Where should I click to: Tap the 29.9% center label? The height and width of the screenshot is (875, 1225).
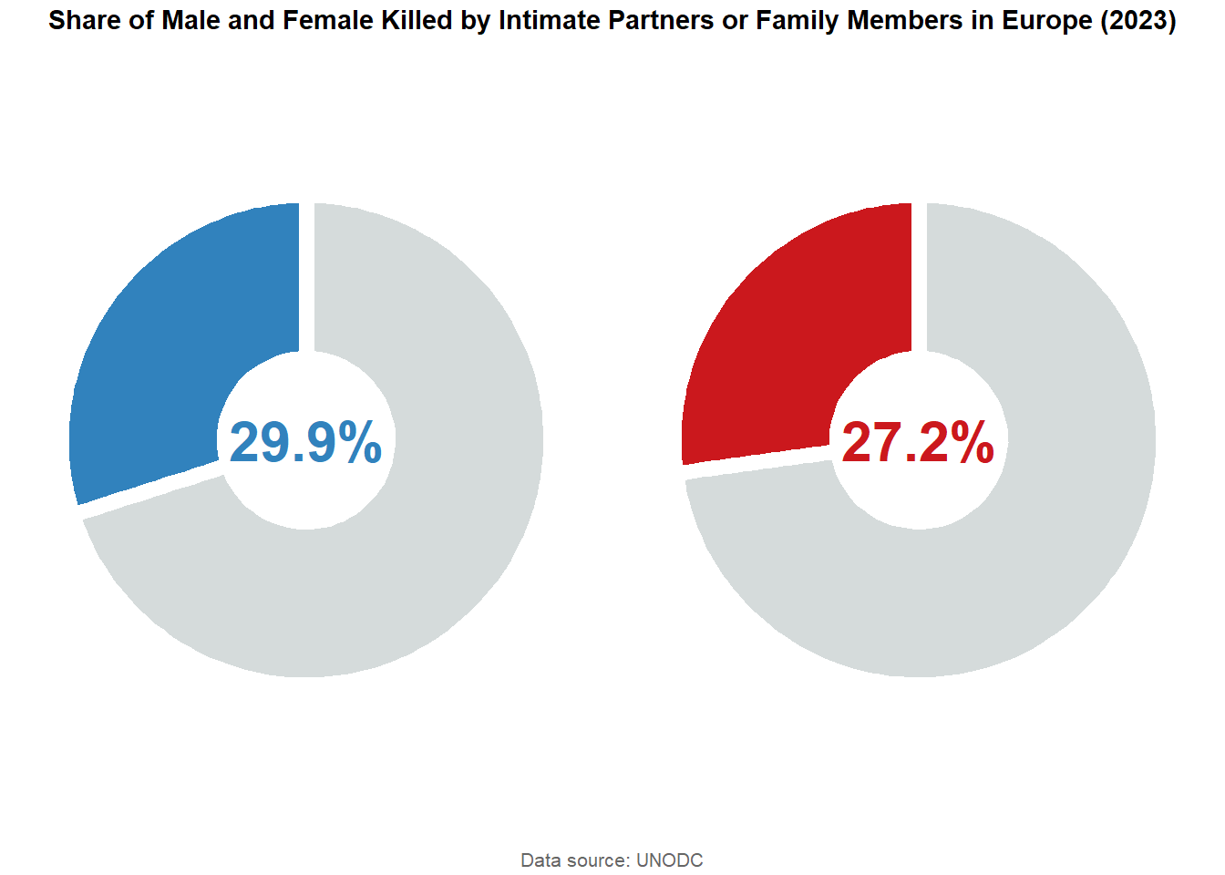tap(305, 442)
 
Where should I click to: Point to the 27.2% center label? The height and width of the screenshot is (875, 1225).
tap(918, 442)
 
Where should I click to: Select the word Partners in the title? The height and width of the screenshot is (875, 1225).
tap(661, 20)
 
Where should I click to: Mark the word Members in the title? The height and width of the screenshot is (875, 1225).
tap(904, 20)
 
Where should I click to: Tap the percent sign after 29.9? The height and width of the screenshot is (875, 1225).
tap(360, 442)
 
